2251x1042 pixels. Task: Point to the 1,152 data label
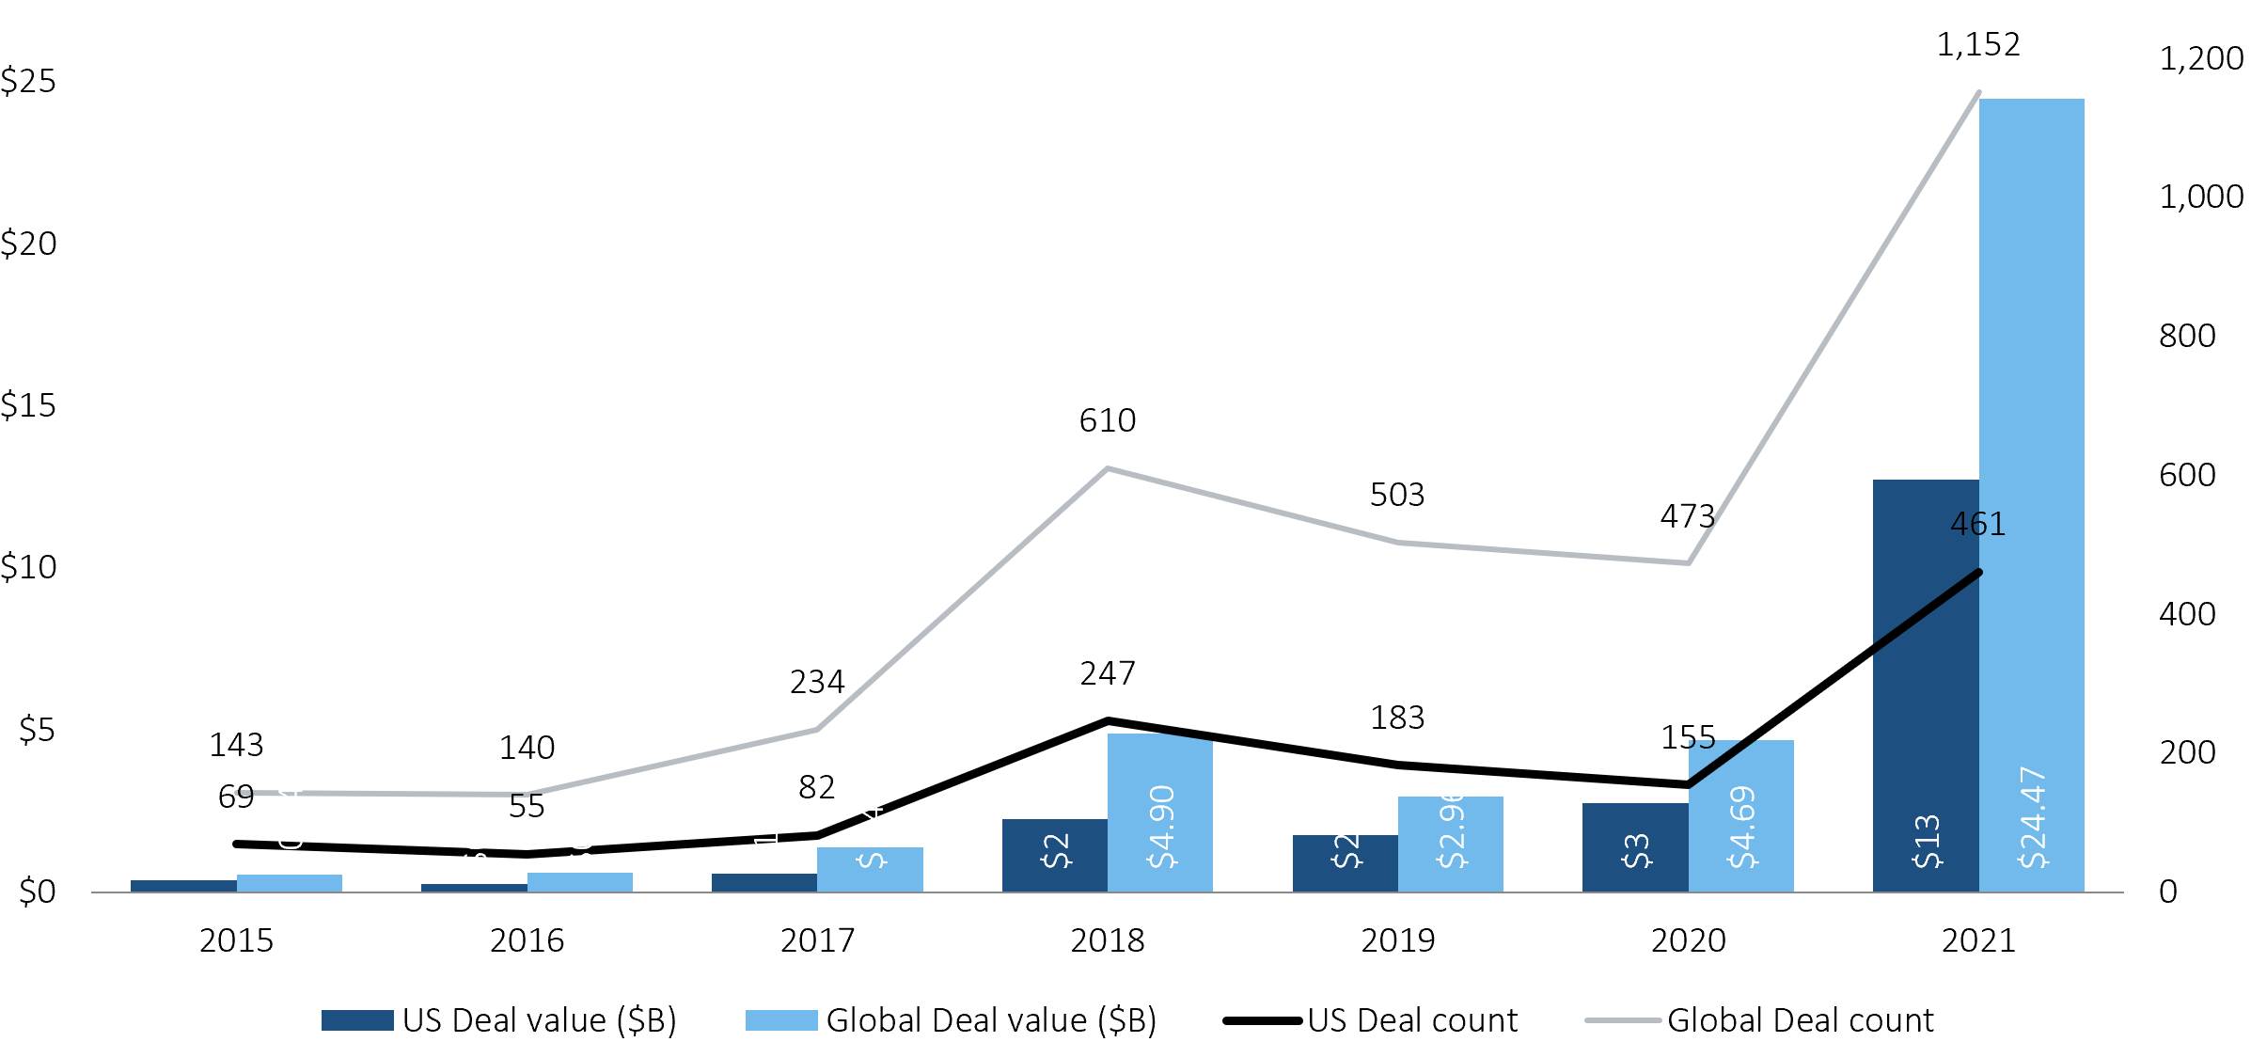tap(1977, 45)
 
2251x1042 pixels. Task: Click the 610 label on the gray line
tap(1107, 420)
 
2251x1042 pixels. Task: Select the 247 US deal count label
tap(1107, 673)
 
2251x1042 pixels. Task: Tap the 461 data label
tap(1977, 524)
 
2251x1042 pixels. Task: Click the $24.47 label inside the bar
tap(2032, 818)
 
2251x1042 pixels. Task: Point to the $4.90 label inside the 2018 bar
tap(1161, 827)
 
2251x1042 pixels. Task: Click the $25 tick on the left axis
tap(28, 82)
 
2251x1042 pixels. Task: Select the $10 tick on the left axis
tap(28, 568)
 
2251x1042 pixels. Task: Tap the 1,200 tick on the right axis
tap(2200, 59)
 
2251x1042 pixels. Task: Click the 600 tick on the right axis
tap(2187, 475)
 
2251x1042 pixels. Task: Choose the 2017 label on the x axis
tap(817, 940)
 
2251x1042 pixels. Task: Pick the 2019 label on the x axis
tap(1397, 940)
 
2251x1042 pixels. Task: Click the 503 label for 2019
tap(1397, 495)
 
